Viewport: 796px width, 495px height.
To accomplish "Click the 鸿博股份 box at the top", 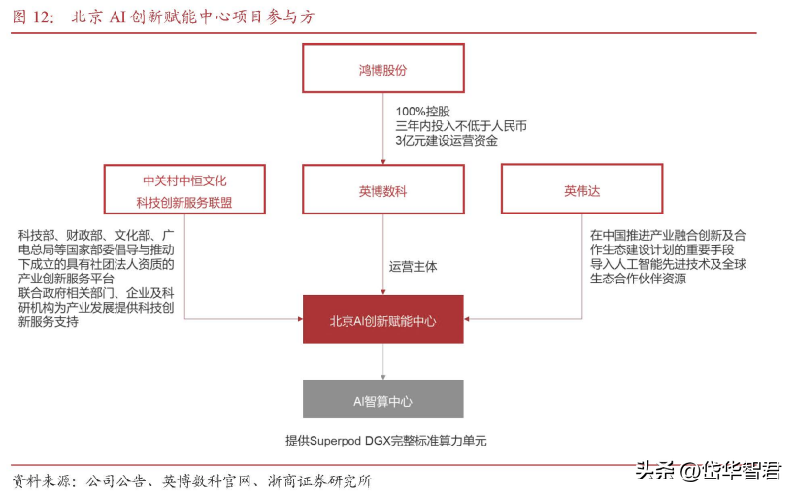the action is click(383, 68).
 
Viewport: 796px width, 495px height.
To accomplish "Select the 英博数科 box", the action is click(383, 189).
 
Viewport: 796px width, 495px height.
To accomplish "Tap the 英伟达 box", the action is click(581, 189).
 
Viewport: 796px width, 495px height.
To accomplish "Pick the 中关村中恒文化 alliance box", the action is click(184, 189).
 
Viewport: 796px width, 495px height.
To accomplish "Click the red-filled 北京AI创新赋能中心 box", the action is click(383, 319).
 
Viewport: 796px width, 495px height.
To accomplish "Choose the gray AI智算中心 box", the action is click(383, 399).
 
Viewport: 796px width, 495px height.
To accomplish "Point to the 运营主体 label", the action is click(414, 267).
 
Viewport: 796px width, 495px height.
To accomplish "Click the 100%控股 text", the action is click(423, 112).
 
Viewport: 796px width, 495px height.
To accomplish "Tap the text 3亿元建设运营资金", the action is click(447, 141).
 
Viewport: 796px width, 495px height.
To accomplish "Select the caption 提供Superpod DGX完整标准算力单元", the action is click(385, 441).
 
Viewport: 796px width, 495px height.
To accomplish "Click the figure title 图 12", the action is click(33, 16).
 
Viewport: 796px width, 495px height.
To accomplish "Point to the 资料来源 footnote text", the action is click(192, 480).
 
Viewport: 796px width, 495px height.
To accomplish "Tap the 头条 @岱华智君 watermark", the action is click(709, 471).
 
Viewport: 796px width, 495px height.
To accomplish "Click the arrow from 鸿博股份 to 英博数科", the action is click(383, 128).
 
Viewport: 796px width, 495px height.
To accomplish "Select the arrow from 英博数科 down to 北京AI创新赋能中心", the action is click(383, 254).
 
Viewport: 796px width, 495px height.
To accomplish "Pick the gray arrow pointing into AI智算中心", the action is click(383, 361).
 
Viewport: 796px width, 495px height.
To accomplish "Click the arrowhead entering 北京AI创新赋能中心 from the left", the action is click(300, 319).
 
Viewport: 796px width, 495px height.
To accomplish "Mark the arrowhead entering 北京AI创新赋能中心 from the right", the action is click(467, 319).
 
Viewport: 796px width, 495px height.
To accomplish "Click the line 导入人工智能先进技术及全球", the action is click(668, 264).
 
